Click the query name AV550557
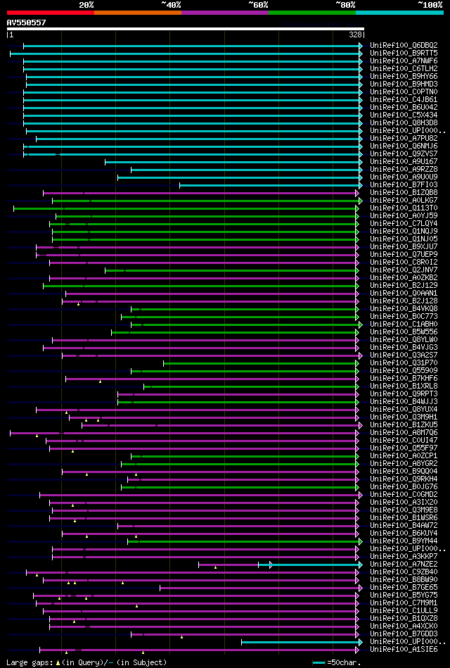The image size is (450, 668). click(x=27, y=23)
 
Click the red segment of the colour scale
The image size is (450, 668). click(x=50, y=13)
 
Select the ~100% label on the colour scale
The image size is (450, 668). click(x=430, y=4)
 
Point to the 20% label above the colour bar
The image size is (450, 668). click(x=86, y=4)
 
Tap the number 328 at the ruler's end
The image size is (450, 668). click(x=355, y=34)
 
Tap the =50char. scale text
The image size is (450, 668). click(x=344, y=662)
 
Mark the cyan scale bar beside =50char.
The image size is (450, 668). click(x=319, y=662)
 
